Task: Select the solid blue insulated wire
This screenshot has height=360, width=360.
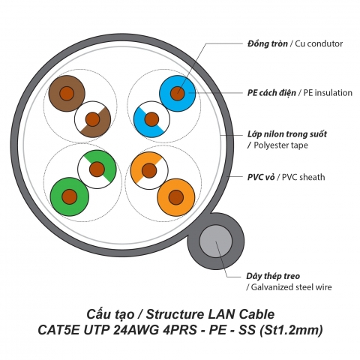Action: point(178,93)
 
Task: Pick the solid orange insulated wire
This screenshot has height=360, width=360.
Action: point(176,197)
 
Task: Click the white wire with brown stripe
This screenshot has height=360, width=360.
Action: point(93,119)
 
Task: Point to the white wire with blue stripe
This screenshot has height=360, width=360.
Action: point(151,119)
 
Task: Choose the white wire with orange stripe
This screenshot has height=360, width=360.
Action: point(148,169)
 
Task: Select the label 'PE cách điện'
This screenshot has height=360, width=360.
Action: point(271,92)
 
